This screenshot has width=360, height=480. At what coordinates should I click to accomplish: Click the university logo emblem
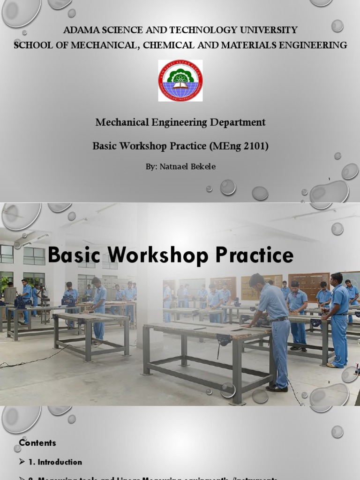(x=180, y=81)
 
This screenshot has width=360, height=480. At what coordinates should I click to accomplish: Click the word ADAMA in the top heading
(x=78, y=30)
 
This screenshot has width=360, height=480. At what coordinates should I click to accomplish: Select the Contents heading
(x=37, y=443)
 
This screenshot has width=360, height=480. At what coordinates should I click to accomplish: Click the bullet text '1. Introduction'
(x=55, y=462)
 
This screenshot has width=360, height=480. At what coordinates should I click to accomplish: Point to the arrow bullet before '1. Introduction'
(x=22, y=462)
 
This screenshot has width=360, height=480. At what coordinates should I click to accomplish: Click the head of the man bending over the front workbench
(x=256, y=281)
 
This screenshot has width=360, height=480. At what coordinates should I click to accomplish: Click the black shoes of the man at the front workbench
(x=277, y=388)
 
